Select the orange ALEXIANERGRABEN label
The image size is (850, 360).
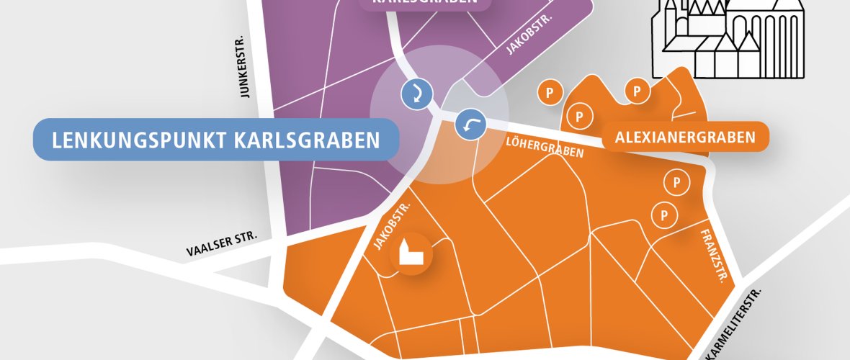[685, 137]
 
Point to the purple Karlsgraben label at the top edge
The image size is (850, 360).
[425, 4]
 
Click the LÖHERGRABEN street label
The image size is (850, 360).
[545, 146]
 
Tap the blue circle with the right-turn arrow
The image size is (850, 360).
[416, 94]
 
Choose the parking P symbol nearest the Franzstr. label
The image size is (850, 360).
[663, 214]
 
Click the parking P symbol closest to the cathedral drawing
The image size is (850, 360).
[637, 91]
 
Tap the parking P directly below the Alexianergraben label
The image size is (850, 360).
[676, 183]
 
